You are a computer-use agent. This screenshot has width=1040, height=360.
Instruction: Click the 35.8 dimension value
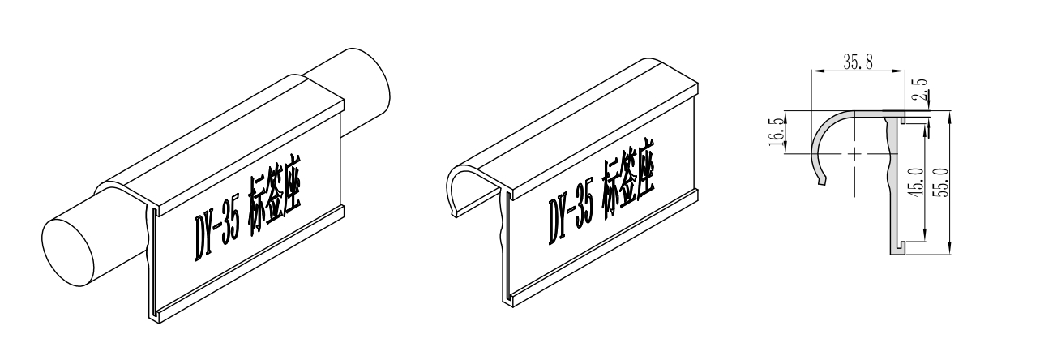[x=858, y=62]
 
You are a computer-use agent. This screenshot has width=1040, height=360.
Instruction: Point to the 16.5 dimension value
[x=776, y=132]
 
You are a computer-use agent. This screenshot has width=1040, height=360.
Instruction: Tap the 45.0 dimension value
[x=917, y=182]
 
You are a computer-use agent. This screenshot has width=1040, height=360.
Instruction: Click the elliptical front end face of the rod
[x=68, y=253]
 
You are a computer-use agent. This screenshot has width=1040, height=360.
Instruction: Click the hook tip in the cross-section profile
[x=822, y=181]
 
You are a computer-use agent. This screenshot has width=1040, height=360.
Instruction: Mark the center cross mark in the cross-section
[x=854, y=153]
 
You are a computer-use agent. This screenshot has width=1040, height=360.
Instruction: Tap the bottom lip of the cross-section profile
[x=898, y=251]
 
